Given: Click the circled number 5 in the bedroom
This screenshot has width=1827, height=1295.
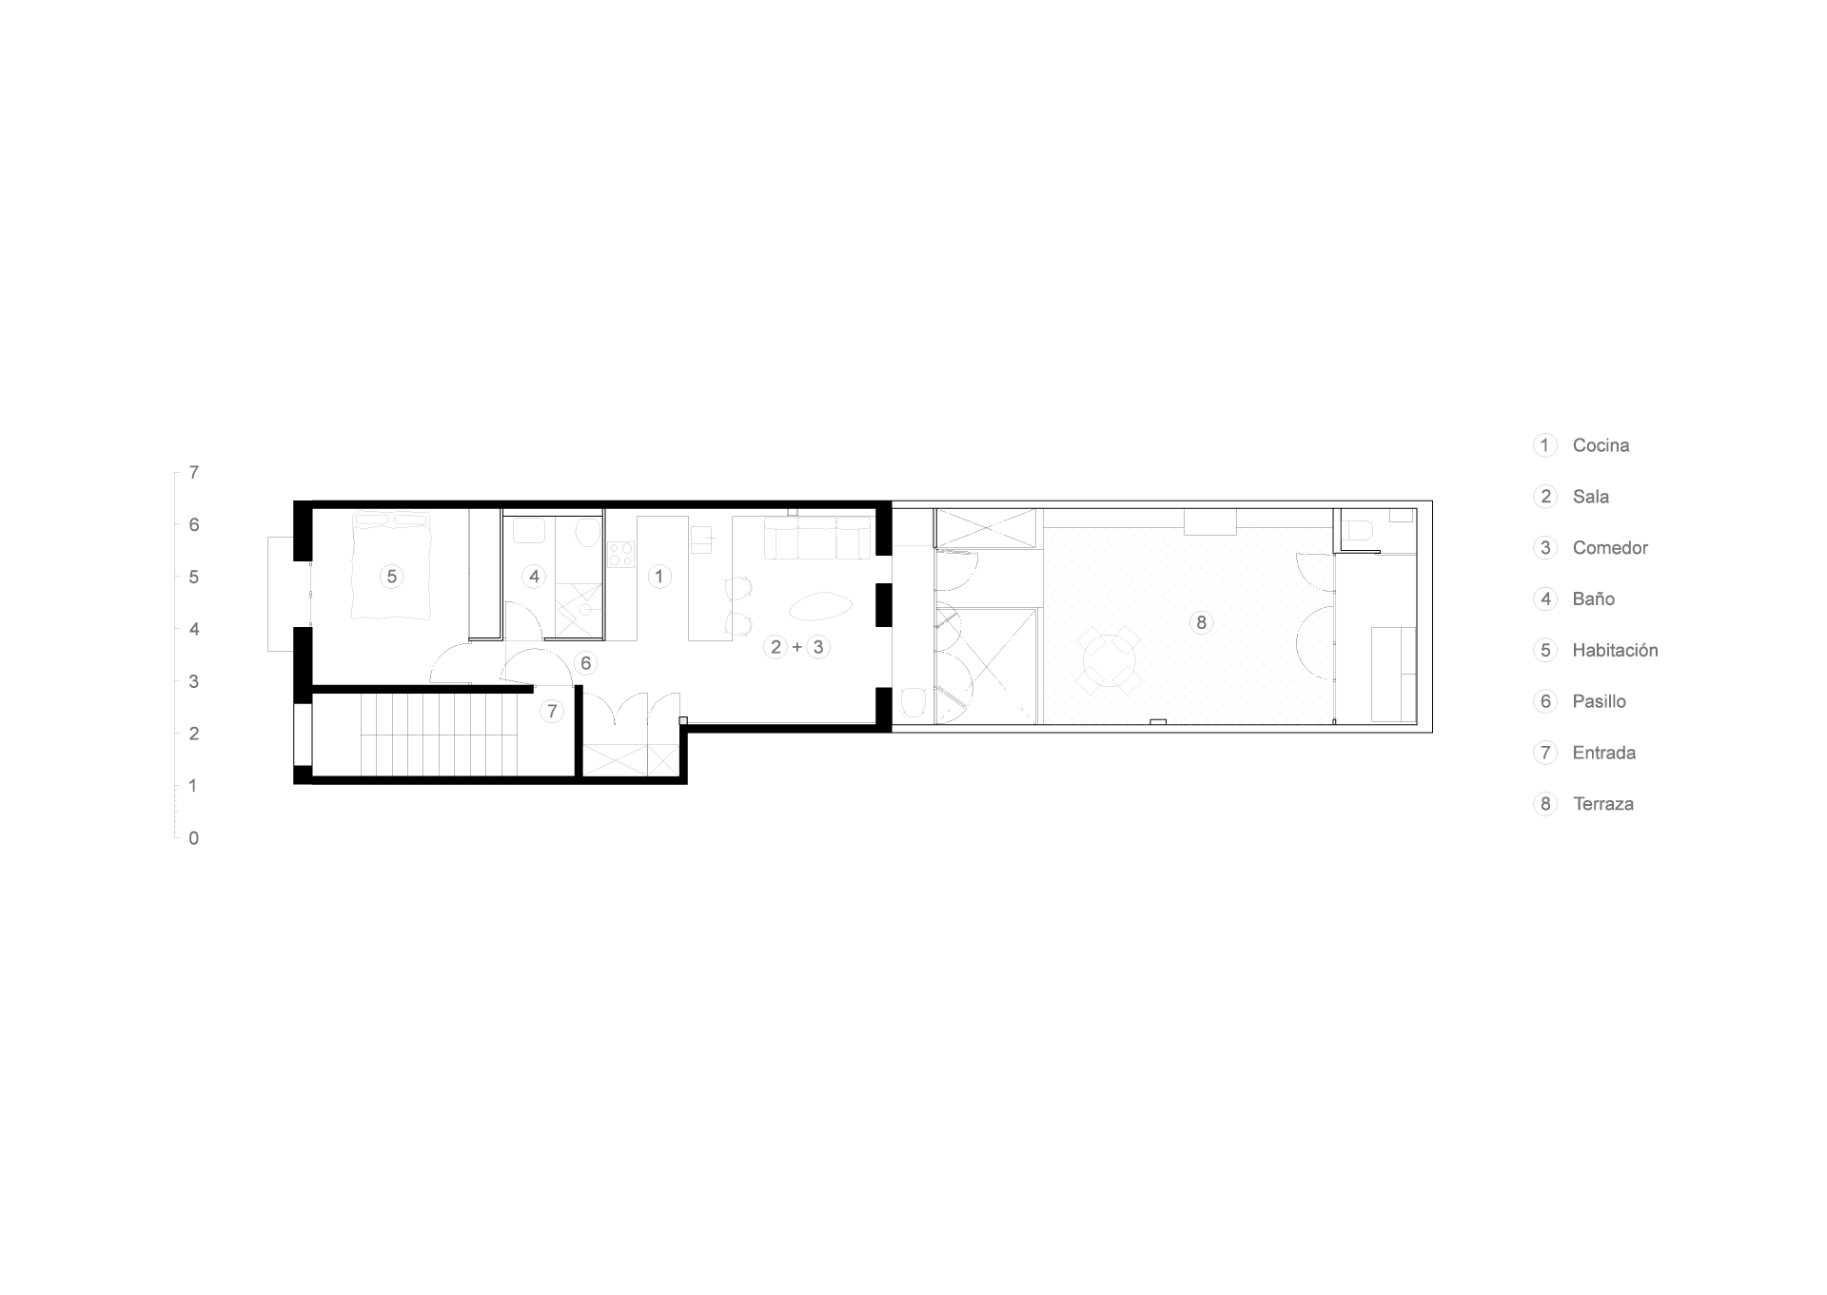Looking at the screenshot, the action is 391,576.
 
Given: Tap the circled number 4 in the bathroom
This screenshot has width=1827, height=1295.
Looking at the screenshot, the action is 534,576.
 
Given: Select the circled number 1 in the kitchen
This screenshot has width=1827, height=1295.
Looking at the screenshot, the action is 658,576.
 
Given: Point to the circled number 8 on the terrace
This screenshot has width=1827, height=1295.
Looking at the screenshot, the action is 1201,622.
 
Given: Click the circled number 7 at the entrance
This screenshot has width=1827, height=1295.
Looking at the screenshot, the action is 552,711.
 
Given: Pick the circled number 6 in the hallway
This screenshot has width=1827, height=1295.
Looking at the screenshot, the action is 585,663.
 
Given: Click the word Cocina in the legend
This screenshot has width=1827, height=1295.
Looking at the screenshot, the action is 1601,445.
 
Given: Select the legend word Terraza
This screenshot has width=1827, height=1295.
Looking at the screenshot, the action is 1603,804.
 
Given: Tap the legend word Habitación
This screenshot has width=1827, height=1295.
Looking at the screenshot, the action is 1615,650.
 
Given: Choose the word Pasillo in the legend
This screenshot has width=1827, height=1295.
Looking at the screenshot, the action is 1599,701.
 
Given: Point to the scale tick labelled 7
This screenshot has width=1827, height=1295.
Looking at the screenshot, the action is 194,472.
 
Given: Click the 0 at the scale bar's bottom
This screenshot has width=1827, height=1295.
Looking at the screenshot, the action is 194,838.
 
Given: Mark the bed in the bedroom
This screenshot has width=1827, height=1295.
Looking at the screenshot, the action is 391,565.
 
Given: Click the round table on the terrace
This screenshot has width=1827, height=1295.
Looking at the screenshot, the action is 1110,660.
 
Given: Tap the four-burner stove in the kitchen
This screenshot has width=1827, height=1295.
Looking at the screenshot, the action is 620,554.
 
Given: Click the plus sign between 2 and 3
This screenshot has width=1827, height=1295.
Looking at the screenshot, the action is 797,647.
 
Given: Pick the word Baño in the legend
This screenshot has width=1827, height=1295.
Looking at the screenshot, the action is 1594,598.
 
